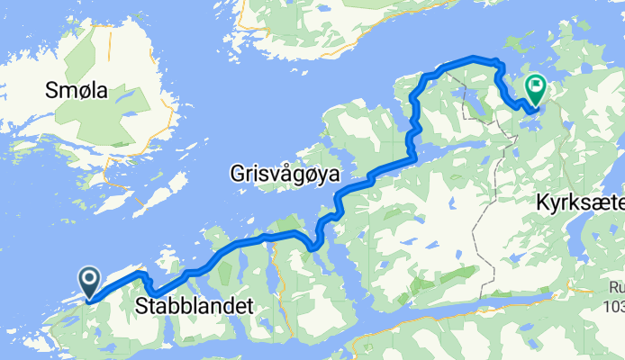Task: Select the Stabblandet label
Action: tap(194, 307)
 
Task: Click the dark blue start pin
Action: tap(91, 283)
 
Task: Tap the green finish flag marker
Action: tap(536, 89)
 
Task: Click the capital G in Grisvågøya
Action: tap(237, 172)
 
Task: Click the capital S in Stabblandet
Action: tap(141, 307)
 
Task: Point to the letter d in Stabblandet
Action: tap(227, 307)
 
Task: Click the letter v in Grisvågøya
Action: tap(274, 173)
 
